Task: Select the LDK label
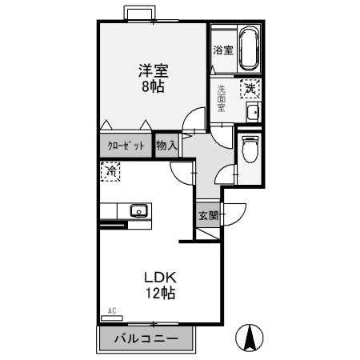click(x=159, y=278)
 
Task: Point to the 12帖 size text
click(x=159, y=293)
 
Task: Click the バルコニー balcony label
click(x=146, y=339)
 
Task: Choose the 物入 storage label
click(x=166, y=146)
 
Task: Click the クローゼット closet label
click(x=126, y=146)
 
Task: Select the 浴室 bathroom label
click(x=222, y=50)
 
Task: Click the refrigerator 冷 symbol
click(x=110, y=171)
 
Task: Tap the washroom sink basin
click(x=252, y=111)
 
